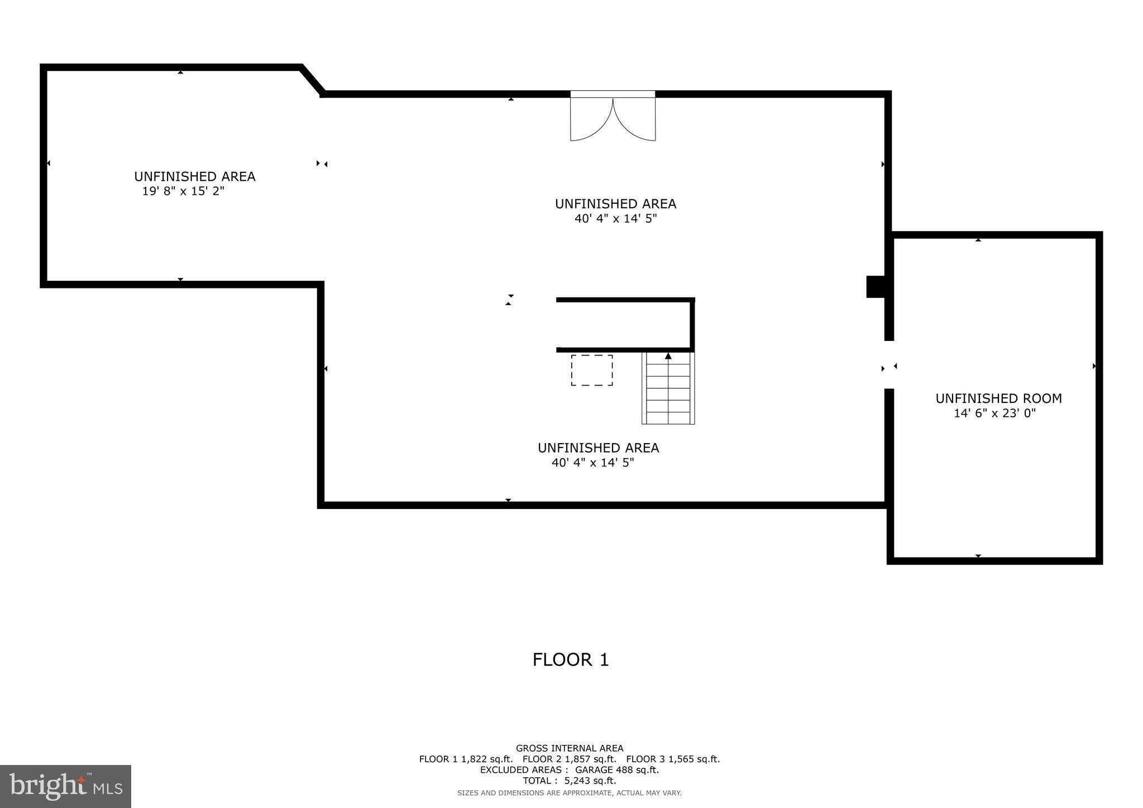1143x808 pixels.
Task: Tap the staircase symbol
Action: pyautogui.click(x=668, y=388)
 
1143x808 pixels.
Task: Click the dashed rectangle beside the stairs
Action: pyautogui.click(x=591, y=370)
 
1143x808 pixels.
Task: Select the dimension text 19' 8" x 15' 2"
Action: pyautogui.click(x=183, y=191)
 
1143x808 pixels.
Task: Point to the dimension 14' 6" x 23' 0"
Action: pyautogui.click(x=994, y=413)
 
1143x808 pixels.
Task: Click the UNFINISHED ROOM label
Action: pyautogui.click(x=998, y=398)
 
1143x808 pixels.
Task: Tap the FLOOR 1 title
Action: pyautogui.click(x=570, y=660)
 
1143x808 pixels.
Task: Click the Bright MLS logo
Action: pyautogui.click(x=65, y=786)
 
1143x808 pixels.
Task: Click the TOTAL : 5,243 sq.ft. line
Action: pyautogui.click(x=569, y=781)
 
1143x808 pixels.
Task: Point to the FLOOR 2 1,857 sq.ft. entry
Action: pyautogui.click(x=569, y=759)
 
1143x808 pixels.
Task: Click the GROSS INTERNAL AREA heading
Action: pyautogui.click(x=569, y=748)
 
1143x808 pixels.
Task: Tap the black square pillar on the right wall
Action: pyautogui.click(x=875, y=287)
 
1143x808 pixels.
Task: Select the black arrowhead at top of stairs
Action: pyautogui.click(x=668, y=356)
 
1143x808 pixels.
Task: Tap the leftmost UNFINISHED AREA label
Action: pyautogui.click(x=194, y=176)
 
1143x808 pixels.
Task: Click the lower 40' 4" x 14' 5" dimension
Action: pyautogui.click(x=592, y=463)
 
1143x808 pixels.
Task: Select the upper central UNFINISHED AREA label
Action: pyautogui.click(x=615, y=204)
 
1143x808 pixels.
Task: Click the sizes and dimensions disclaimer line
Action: pyautogui.click(x=569, y=793)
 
